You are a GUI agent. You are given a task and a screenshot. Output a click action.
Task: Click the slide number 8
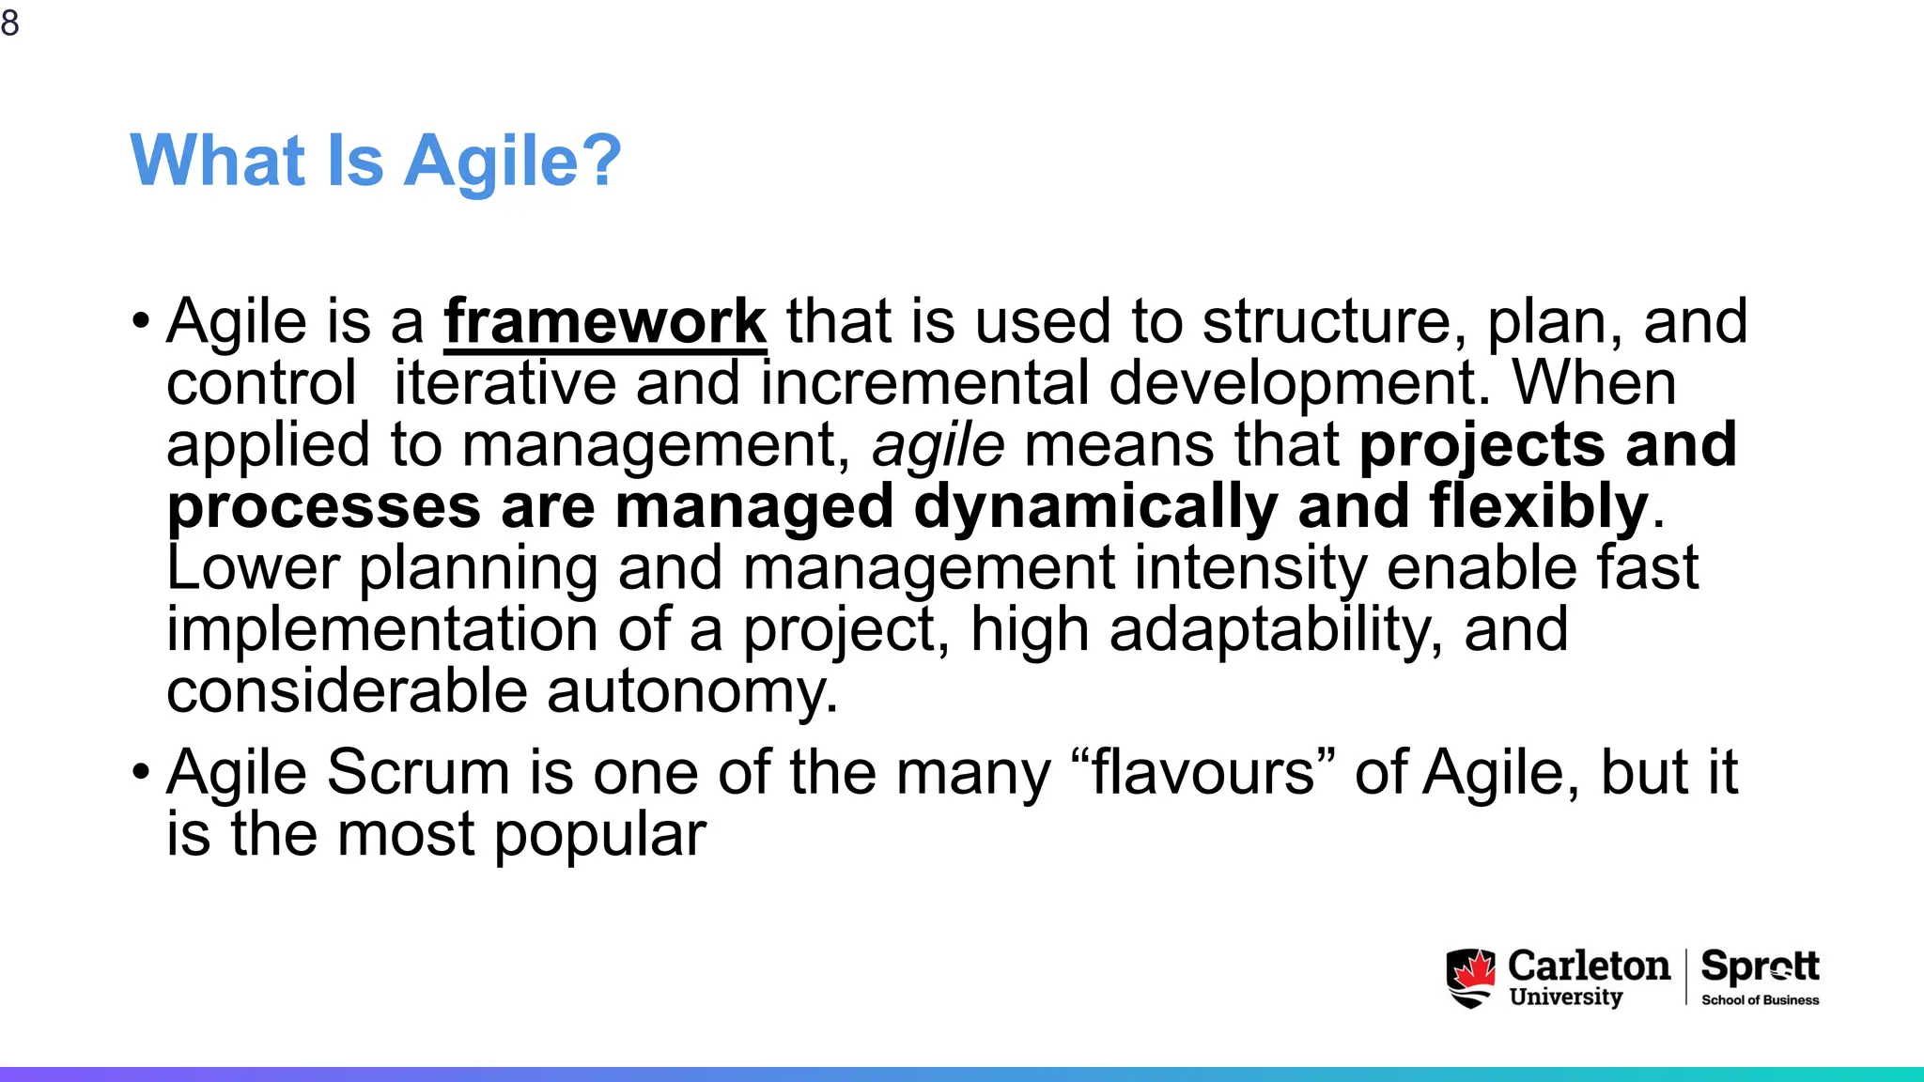point(10,23)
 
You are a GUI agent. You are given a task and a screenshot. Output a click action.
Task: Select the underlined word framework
point(605,321)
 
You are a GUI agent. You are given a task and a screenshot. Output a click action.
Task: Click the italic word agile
point(939,444)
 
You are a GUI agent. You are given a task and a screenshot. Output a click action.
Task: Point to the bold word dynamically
point(1094,506)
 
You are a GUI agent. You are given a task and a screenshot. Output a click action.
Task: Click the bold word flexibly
point(1539,506)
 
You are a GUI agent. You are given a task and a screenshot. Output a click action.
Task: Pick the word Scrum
point(418,773)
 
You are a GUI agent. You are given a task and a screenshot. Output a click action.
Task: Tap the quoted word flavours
point(1202,773)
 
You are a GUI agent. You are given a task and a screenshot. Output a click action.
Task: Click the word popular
point(599,835)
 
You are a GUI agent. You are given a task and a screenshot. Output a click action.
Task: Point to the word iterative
point(504,383)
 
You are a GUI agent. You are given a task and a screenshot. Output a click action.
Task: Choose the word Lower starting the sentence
point(253,568)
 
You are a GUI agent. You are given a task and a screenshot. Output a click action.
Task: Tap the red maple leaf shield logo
point(1471,978)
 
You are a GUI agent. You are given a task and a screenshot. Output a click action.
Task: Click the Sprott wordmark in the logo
point(1760,966)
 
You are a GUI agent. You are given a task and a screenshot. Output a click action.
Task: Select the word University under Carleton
point(1566,997)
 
